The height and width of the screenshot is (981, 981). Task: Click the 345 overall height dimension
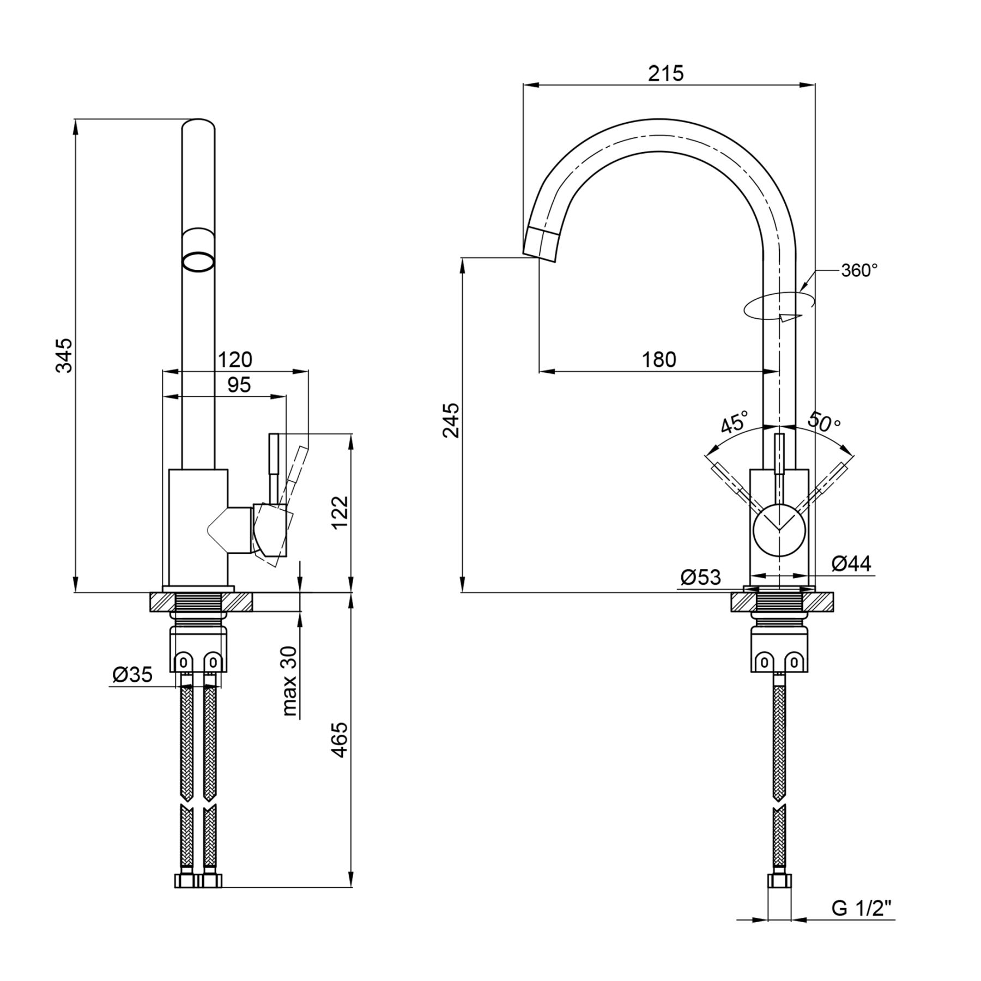click(65, 355)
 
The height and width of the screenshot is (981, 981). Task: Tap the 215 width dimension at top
click(665, 73)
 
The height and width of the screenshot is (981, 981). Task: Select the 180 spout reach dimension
click(659, 360)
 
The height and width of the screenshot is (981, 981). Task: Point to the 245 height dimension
click(452, 420)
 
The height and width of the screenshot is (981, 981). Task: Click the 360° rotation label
click(859, 270)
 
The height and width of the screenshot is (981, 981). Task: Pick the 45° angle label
click(735, 422)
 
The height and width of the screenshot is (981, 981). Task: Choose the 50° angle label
click(824, 421)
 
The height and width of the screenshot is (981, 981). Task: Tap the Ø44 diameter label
click(851, 564)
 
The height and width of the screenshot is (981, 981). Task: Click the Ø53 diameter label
click(701, 577)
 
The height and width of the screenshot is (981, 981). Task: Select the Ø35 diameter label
click(132, 675)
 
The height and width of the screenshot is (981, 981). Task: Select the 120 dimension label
click(235, 360)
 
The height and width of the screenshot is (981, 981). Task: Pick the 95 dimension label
click(239, 385)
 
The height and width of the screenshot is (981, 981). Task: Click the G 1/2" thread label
click(862, 908)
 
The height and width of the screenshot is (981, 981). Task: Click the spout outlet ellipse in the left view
click(198, 262)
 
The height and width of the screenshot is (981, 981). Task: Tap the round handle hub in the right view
click(779, 530)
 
